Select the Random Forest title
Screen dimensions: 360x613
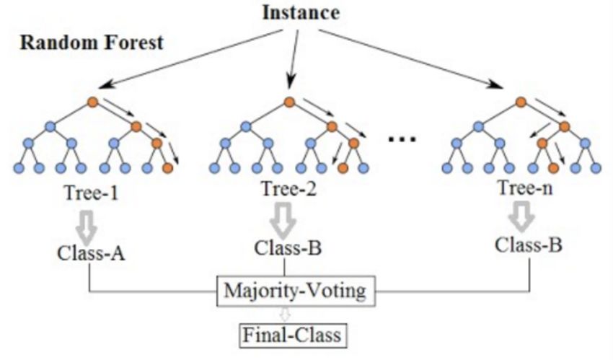[x=92, y=43]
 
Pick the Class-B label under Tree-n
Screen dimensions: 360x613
[x=529, y=245]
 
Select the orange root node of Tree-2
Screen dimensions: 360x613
[x=288, y=102]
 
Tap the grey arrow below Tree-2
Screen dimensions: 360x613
[x=288, y=218]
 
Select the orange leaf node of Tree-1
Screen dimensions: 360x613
[x=167, y=168]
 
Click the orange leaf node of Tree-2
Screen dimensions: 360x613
[x=343, y=168]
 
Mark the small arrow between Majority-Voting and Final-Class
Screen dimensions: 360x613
[x=286, y=314]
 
